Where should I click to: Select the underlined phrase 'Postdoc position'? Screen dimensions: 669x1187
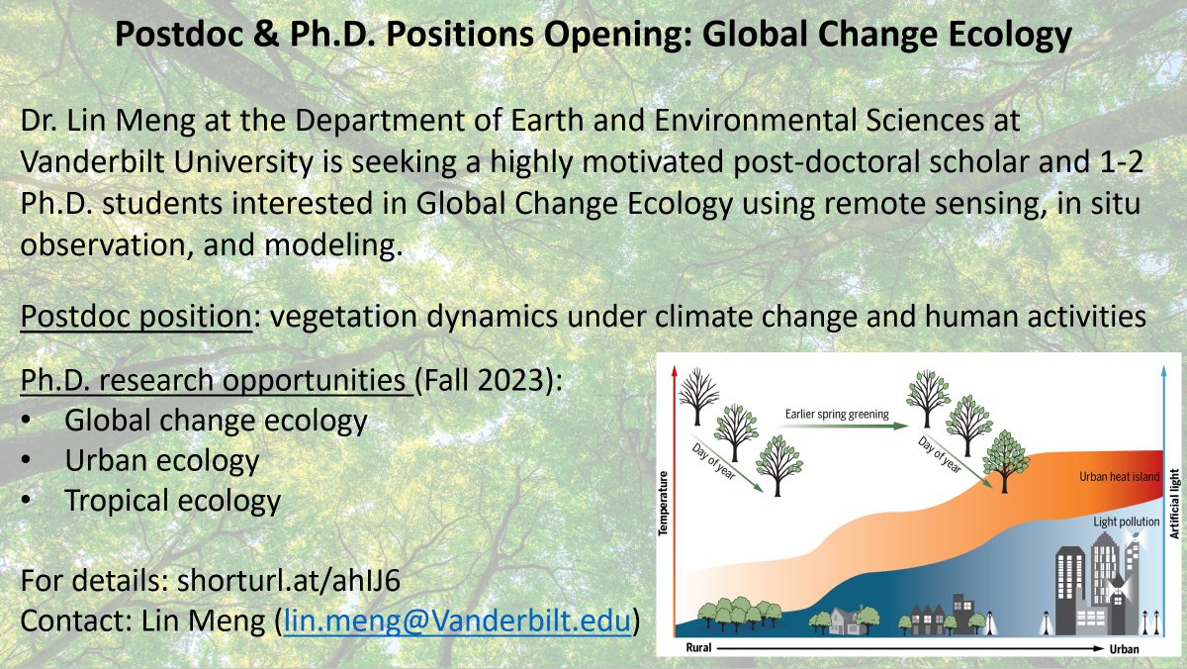pyautogui.click(x=135, y=319)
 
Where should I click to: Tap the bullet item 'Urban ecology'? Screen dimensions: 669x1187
pyautogui.click(x=162, y=460)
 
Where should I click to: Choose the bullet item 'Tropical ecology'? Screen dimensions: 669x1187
pyautogui.click(x=173, y=500)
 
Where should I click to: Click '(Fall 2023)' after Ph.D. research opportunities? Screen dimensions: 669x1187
pyautogui.click(x=487, y=381)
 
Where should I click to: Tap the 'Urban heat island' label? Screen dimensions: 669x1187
pyautogui.click(x=1119, y=476)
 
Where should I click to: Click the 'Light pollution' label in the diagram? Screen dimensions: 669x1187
pyautogui.click(x=1126, y=521)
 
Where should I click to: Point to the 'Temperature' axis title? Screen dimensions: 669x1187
pyautogui.click(x=664, y=503)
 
